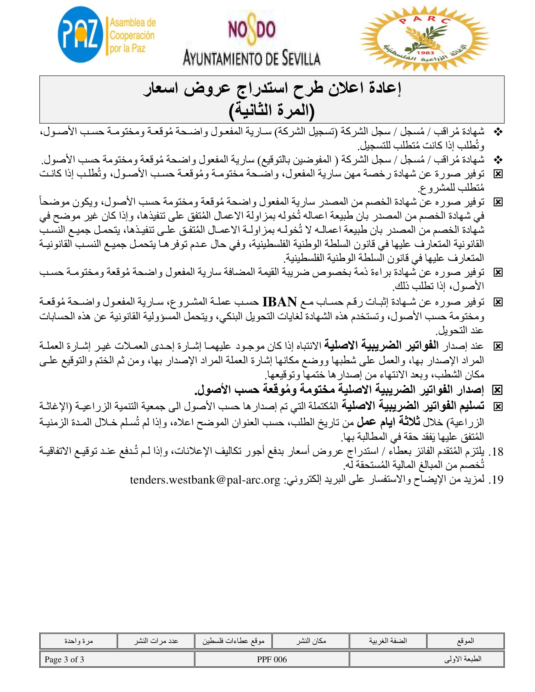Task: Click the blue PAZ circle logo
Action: [x=81, y=34]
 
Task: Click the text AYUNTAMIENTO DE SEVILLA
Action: [x=252, y=59]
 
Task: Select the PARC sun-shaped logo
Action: [x=425, y=38]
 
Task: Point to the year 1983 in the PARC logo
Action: [x=425, y=53]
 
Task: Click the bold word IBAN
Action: [x=279, y=302]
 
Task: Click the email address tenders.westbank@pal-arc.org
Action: [x=205, y=480]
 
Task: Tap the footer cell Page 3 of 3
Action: [x=64, y=660]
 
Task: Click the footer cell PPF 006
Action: [x=272, y=660]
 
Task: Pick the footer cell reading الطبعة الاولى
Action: [x=462, y=659]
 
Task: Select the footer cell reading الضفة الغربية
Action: [x=388, y=641]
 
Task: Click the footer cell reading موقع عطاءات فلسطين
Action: [x=233, y=641]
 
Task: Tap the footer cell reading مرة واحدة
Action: [x=79, y=641]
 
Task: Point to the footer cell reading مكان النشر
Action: [x=311, y=641]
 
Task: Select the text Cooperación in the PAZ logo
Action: [x=132, y=36]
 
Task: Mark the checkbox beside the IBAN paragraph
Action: [x=498, y=302]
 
